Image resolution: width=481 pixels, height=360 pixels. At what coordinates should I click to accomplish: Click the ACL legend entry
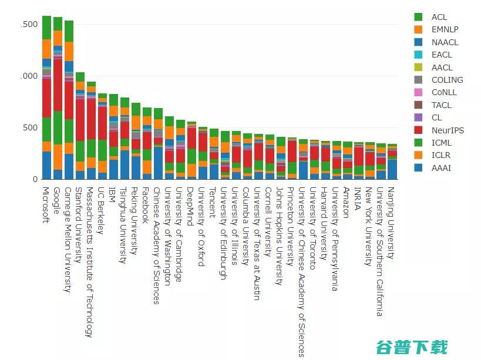pyautogui.click(x=439, y=17)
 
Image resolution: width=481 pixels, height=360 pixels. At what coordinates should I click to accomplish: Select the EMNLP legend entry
pyautogui.click(x=444, y=29)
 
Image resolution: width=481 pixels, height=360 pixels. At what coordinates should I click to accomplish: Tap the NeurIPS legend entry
pyautogui.click(x=446, y=130)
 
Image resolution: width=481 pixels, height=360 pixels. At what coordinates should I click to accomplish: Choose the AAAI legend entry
pyautogui.click(x=441, y=168)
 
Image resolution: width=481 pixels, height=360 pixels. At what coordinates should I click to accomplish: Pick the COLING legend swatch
pyautogui.click(x=419, y=80)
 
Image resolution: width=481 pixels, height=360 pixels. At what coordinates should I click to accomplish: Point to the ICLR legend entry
pyautogui.click(x=441, y=155)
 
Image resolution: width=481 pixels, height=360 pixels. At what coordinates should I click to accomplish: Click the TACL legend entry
pyautogui.click(x=441, y=105)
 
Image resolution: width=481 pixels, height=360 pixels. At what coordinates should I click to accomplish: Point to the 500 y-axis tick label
pyautogui.click(x=29, y=127)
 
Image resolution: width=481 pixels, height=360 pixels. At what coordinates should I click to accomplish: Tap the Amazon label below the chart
pyautogui.click(x=348, y=203)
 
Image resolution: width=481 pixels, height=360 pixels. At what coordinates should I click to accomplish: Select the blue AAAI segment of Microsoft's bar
pyautogui.click(x=47, y=165)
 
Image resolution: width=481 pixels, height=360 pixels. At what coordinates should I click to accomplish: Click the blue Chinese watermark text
pyautogui.click(x=412, y=347)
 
